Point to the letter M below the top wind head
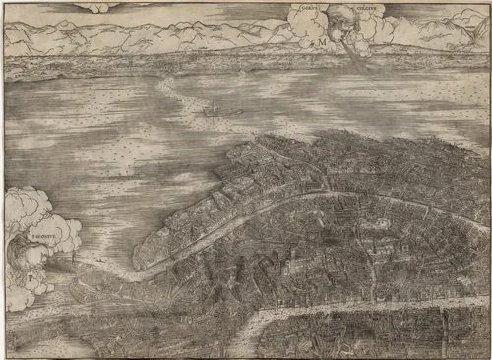(321, 44)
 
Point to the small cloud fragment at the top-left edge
(98, 7)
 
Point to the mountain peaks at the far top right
(453, 25)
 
